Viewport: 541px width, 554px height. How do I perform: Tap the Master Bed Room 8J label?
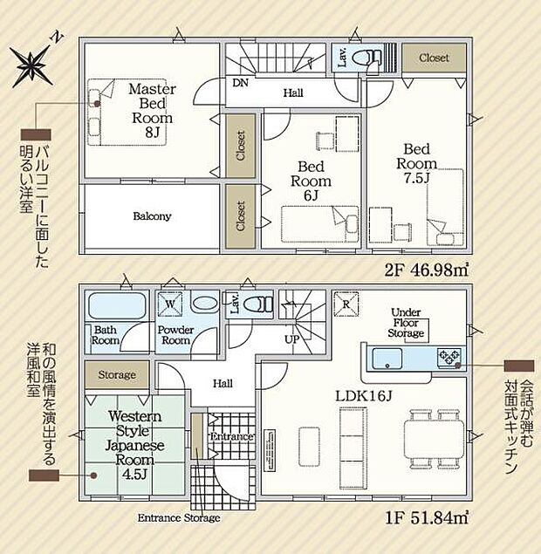(x=152, y=110)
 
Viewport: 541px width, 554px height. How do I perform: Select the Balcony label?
(x=152, y=215)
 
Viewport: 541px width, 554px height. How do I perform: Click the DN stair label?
(x=241, y=83)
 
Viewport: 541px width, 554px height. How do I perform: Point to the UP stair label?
(x=292, y=339)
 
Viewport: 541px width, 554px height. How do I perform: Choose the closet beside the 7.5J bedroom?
(x=434, y=58)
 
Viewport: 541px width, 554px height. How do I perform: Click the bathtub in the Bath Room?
(x=117, y=305)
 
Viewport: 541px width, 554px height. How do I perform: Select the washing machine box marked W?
(x=170, y=304)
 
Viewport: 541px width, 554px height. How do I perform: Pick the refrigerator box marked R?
(x=346, y=304)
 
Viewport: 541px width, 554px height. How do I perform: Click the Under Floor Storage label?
(x=406, y=323)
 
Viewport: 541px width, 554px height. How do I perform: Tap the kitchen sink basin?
(x=387, y=359)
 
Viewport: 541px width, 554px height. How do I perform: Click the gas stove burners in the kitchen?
(x=449, y=358)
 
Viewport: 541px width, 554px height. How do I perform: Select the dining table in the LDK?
(x=434, y=439)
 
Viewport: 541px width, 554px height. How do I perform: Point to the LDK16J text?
(x=363, y=396)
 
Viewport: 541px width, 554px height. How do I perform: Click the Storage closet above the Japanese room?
(x=117, y=374)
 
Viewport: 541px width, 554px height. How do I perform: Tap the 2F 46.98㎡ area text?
(x=426, y=270)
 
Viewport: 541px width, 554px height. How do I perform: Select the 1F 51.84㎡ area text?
(x=426, y=518)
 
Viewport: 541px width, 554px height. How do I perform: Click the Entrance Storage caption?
(x=179, y=518)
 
